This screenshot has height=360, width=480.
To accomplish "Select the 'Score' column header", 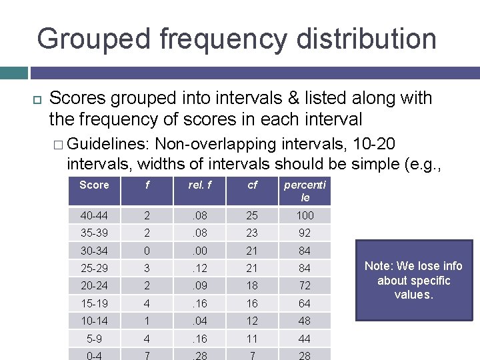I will click(x=94, y=185).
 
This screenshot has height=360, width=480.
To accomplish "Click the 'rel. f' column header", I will click(x=199, y=185).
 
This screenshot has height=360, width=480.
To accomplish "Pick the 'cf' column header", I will click(x=252, y=185).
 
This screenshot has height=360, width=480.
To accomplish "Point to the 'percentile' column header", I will click(x=305, y=191).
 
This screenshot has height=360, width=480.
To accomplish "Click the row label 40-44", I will click(x=94, y=216).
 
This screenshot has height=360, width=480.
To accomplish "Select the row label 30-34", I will click(x=94, y=251).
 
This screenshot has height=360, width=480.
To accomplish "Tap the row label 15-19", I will click(x=94, y=303).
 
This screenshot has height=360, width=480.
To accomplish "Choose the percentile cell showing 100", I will click(x=305, y=216).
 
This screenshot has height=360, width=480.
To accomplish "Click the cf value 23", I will click(x=252, y=233).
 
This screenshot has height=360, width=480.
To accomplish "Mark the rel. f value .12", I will click(x=199, y=268).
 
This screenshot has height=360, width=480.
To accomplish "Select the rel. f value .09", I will click(x=199, y=285).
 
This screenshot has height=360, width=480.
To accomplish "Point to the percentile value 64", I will click(x=305, y=303).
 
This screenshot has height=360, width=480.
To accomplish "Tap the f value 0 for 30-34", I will click(x=147, y=251).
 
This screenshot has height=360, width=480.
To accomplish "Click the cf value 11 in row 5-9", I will click(x=252, y=338).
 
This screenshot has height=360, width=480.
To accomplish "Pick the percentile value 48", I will click(x=305, y=321).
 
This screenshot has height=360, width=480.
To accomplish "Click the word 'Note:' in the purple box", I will click(x=380, y=266).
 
